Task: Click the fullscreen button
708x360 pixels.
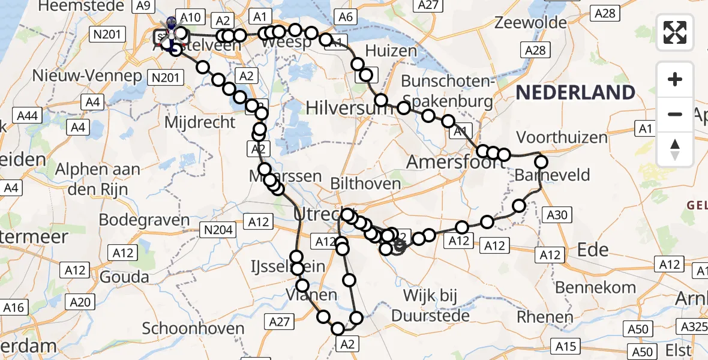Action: (675, 32)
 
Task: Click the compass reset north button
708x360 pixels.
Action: (675, 149)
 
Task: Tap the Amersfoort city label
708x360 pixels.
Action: (445, 161)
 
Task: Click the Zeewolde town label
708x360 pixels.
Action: (531, 23)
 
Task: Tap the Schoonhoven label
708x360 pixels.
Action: (193, 329)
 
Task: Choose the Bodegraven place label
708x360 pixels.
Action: (144, 220)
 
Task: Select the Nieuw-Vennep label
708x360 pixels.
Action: (87, 76)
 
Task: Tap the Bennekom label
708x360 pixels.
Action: (595, 287)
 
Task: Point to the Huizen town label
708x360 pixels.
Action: (391, 50)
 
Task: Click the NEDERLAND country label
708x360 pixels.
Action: (575, 92)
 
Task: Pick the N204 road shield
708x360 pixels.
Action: (217, 230)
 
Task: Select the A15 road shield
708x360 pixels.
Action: (565, 346)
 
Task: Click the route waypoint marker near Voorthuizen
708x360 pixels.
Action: (541, 161)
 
